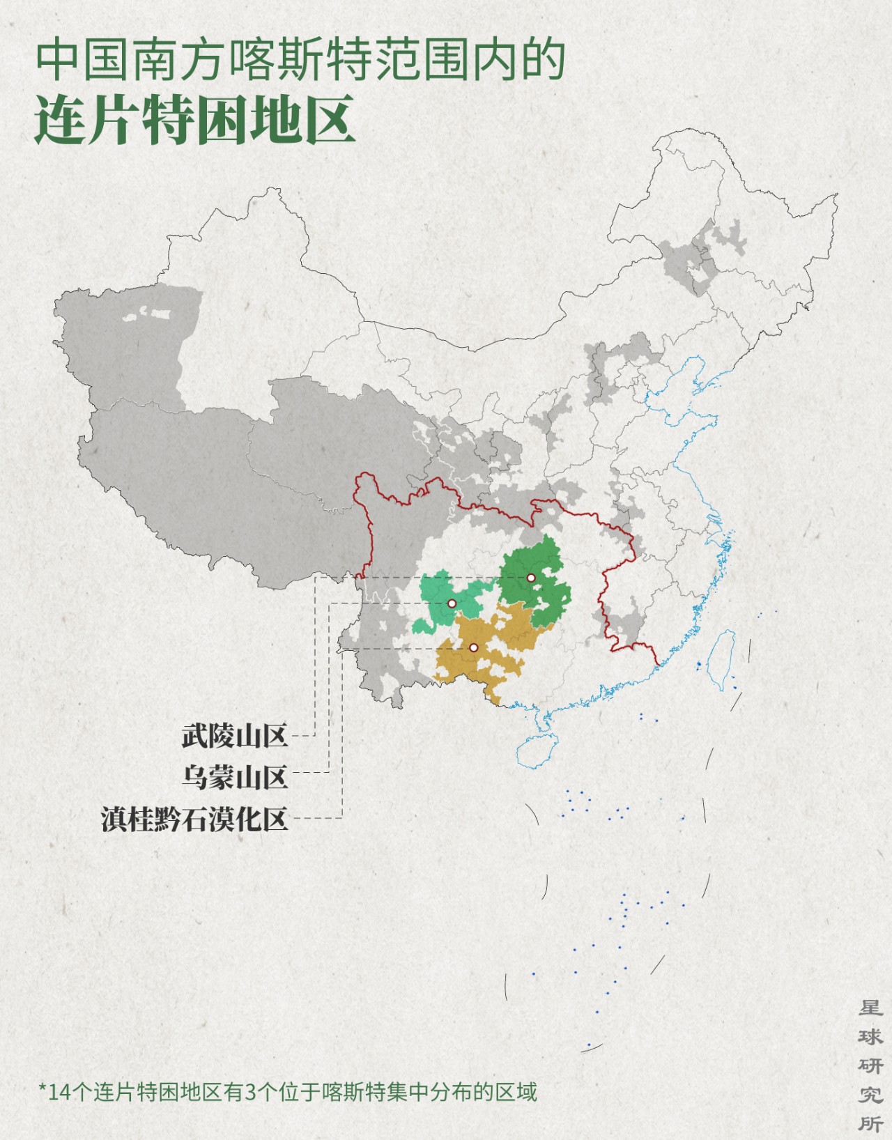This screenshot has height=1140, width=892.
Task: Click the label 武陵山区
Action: [235, 736]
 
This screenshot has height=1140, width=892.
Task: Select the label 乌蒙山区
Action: [235, 776]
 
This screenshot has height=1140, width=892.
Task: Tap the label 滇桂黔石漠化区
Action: [194, 819]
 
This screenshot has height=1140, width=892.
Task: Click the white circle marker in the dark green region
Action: [531, 578]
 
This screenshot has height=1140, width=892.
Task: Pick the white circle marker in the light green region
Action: [452, 603]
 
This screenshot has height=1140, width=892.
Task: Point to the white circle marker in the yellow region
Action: [474, 648]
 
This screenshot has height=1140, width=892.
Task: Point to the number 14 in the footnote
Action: [59, 1091]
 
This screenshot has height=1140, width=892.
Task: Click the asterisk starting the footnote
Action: [43, 1089]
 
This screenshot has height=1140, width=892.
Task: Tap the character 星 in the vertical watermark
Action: [870, 1008]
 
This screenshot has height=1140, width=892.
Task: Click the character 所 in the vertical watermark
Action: [870, 1123]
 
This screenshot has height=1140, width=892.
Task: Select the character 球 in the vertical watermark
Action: [870, 1037]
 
